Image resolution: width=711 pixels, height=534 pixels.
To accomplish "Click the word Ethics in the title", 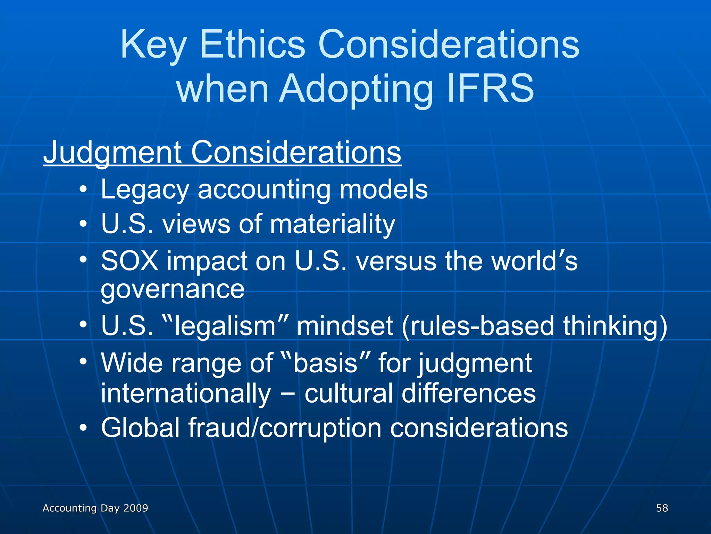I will (x=252, y=44).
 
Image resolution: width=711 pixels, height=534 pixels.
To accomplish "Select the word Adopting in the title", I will (x=356, y=89).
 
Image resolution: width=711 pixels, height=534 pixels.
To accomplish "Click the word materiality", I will (x=333, y=224).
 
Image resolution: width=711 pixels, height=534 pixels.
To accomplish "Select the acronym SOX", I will (x=129, y=261).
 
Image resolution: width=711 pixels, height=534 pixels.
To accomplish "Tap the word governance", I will (x=173, y=289).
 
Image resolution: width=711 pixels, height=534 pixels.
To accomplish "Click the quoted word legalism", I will (x=226, y=326).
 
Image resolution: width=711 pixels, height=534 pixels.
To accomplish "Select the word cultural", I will (x=349, y=393).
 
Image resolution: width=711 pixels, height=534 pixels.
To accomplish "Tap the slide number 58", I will (x=662, y=508).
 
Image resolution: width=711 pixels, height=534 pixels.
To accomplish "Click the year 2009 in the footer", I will (x=136, y=508).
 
